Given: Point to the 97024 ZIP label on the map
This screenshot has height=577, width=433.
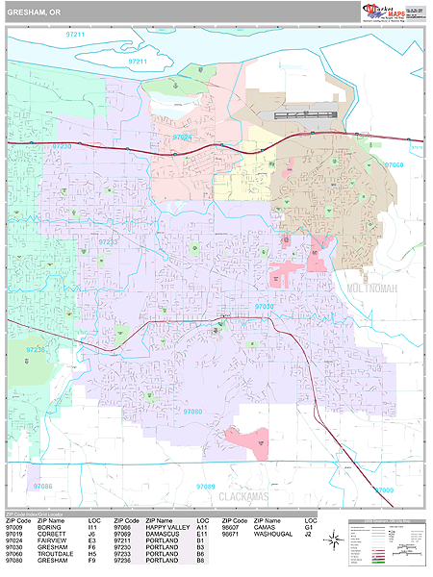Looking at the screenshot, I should coord(183,138).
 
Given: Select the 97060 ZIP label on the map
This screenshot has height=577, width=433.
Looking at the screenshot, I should coord(395,165).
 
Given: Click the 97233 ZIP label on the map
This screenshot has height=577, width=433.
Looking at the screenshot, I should coord(108,242).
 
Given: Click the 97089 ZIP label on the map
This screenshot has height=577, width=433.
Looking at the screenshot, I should coord(204,487).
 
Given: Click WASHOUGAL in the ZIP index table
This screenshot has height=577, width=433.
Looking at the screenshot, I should coord(274,534).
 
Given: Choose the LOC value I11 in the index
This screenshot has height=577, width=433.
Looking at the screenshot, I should coord(92,527).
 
